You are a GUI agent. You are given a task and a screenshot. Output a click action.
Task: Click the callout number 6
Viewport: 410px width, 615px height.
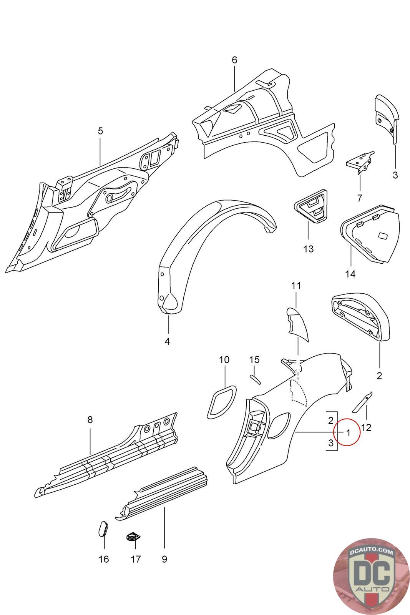[234, 60]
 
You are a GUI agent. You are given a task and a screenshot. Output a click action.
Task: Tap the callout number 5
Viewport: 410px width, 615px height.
[100, 131]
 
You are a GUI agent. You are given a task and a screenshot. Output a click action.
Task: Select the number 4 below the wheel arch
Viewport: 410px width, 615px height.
[167, 341]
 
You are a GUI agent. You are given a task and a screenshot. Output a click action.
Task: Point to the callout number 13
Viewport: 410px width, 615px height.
[309, 249]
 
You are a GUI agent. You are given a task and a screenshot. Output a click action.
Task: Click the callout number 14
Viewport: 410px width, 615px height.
[350, 274]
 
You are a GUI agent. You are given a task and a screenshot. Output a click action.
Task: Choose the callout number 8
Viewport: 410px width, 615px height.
[90, 420]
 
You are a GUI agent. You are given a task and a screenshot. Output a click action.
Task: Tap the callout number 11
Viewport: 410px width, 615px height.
[296, 286]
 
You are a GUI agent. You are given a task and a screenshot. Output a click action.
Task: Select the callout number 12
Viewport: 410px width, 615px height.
[366, 427]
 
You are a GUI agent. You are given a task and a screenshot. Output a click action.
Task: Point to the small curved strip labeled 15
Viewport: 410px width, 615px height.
[255, 379]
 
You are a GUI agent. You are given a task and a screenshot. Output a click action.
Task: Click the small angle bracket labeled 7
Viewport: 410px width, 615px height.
[360, 163]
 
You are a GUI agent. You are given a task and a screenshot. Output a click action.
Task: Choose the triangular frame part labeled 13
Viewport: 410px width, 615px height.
[312, 205]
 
